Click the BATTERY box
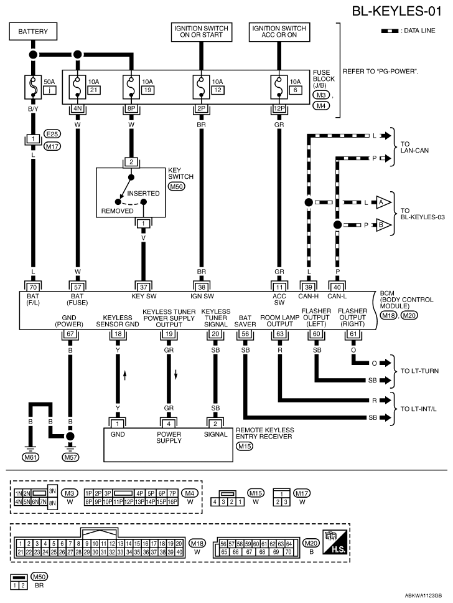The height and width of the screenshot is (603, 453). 33,32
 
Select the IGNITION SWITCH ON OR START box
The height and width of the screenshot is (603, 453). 202,32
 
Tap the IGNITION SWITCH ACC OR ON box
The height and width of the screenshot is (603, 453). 279,32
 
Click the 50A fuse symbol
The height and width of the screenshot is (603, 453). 33,87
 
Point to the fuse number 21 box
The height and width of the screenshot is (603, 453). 93,90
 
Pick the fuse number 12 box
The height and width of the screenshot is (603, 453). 217,90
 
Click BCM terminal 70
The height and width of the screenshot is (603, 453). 33,287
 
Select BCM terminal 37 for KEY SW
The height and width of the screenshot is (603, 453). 143,287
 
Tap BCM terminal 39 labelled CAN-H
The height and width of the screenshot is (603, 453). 308,287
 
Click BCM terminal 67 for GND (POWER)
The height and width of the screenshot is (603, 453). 70,333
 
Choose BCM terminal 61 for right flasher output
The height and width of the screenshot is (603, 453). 353,333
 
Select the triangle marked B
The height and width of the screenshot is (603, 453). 383,225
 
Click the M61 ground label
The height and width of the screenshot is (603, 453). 30,457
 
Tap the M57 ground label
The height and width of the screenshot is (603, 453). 70,457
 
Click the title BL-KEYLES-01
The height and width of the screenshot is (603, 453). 396,11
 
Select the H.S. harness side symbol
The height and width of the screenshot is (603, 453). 335,541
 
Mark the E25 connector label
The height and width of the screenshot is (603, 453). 52,134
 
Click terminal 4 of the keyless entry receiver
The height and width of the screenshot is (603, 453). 169,424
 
